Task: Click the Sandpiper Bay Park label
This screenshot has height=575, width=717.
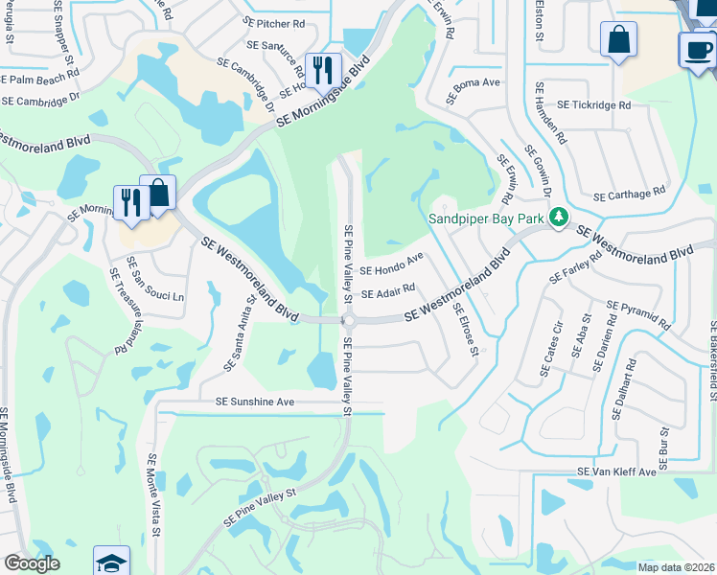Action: pos(488,218)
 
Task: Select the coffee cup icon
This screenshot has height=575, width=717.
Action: pos(697,49)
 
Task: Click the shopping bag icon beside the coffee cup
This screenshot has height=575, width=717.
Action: pos(618,40)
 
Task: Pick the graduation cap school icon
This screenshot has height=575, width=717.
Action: pos(111,562)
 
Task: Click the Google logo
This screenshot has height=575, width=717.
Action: pos(31,563)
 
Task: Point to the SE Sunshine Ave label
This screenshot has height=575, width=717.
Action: pos(255,402)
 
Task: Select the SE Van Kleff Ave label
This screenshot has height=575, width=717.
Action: pos(616,472)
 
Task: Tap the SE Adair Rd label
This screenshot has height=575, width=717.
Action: pos(387,289)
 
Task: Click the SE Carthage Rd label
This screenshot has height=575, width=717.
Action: pos(629,195)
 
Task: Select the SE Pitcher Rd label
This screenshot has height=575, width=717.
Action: pos(274,21)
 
